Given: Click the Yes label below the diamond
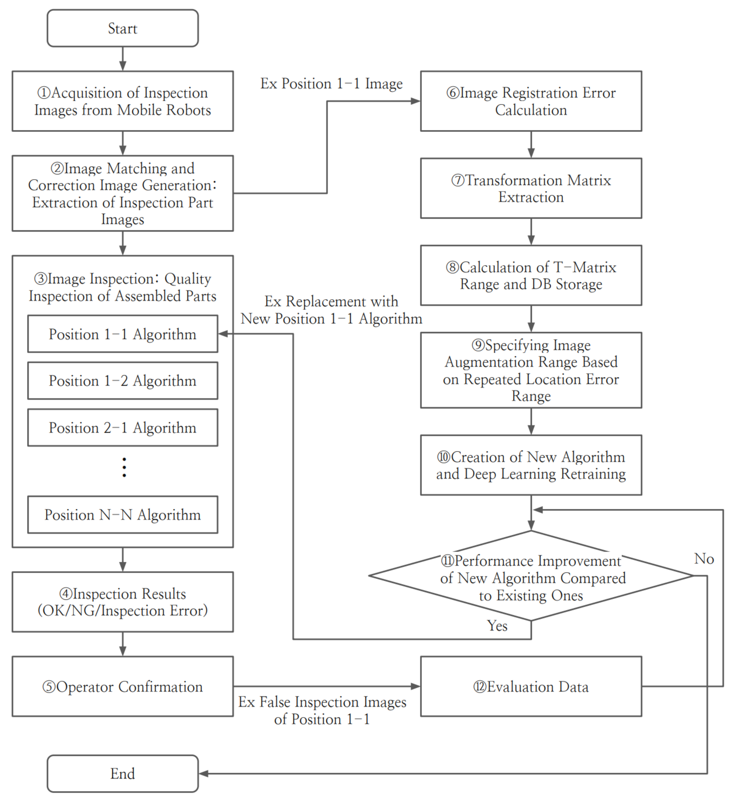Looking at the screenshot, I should (x=497, y=625).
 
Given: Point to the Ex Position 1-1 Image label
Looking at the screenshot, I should (x=331, y=83).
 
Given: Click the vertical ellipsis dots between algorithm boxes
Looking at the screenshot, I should (x=124, y=467).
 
